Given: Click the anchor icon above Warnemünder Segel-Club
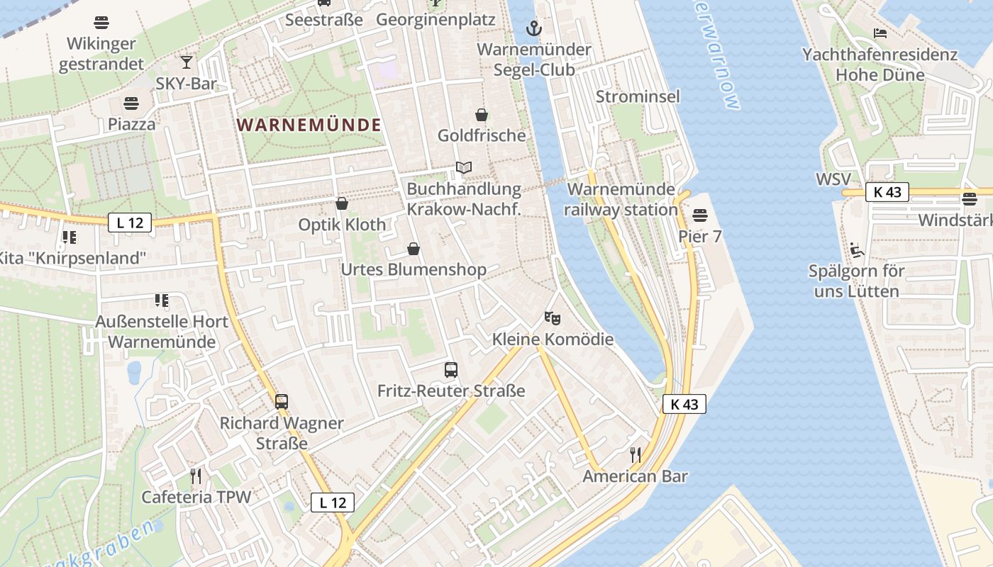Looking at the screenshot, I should tap(533, 29).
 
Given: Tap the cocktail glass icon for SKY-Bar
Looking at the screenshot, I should tap(187, 62).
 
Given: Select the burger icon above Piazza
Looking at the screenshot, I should tap(131, 103).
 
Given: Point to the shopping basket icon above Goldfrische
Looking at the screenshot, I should tap(482, 115).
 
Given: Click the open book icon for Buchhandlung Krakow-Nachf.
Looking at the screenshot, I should tap(464, 168).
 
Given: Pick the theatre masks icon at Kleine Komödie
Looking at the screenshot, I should tap(553, 318).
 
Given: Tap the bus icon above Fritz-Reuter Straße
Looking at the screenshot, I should tap(451, 369).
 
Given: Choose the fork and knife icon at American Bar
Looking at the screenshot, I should tap(636, 454).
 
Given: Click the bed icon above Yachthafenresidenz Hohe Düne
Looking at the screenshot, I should tap(880, 33).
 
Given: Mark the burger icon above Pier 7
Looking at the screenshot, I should tap(700, 215).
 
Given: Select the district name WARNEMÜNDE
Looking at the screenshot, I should tap(309, 125).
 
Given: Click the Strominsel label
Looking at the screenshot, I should tap(638, 96).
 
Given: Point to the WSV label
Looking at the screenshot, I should tap(833, 179).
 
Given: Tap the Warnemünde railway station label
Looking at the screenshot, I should tap(621, 200).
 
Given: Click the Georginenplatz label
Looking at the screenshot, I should tap(436, 19).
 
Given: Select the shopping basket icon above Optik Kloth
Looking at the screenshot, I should tap(342, 203).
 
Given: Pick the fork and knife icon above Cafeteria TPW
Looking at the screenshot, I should tap(196, 476).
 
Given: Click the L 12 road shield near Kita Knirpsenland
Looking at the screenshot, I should tap(130, 223).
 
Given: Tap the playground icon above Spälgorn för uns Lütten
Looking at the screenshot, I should tap(858, 249).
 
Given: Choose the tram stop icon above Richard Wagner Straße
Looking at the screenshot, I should tap(282, 402).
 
